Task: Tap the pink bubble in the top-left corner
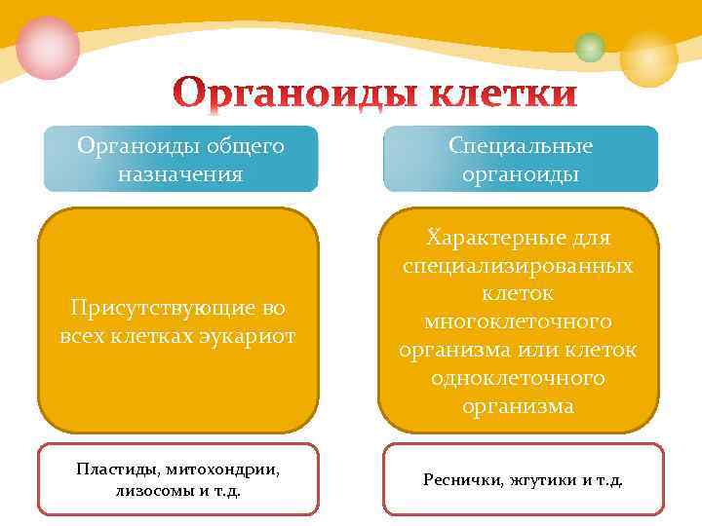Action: (48, 48)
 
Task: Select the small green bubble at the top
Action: (590, 47)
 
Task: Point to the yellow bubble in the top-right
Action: (648, 57)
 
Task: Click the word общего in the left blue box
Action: (244, 146)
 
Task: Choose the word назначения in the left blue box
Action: (180, 174)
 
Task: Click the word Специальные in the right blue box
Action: (521, 146)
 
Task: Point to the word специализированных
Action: (518, 265)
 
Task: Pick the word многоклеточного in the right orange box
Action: (518, 321)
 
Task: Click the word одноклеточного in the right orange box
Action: (518, 378)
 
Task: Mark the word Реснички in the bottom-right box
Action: (462, 479)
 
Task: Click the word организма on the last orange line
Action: (518, 406)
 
